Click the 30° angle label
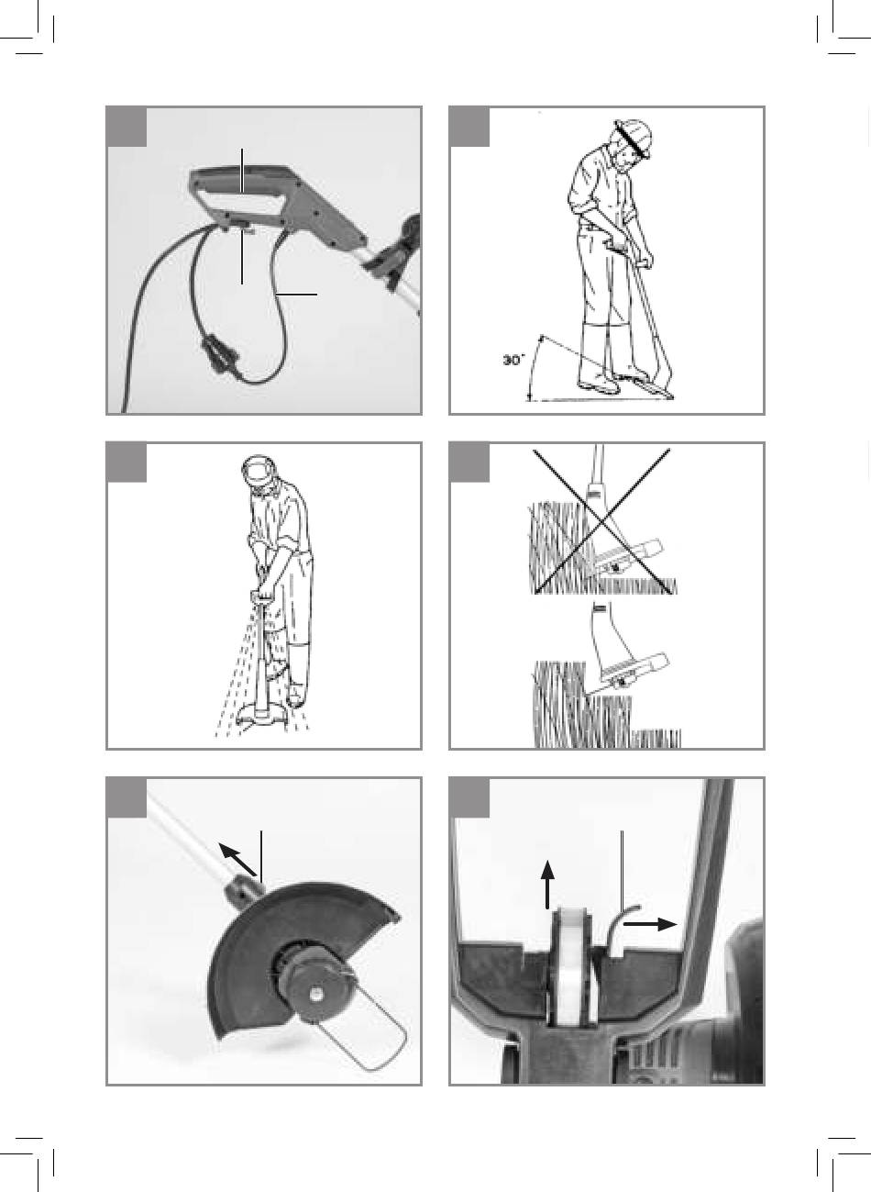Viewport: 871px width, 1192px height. click(x=513, y=360)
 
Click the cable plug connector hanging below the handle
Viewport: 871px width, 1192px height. click(x=218, y=351)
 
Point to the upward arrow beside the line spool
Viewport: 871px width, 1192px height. click(x=547, y=885)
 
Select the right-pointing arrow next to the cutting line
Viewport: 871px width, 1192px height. click(x=650, y=924)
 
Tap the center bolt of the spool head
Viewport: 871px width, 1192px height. click(x=317, y=993)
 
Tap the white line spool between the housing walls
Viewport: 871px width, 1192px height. click(x=571, y=966)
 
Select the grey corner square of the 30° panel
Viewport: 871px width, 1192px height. click(x=469, y=127)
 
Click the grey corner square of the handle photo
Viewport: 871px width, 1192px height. click(x=127, y=127)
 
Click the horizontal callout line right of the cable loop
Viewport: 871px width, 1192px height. click(x=298, y=294)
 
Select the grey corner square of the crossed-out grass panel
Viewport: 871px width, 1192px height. click(x=469, y=462)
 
